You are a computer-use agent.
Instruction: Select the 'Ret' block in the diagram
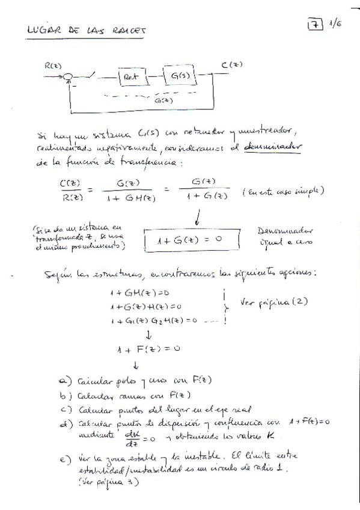pyautogui.click(x=132, y=78)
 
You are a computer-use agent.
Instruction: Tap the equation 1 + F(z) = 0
pyautogui.click(x=149, y=348)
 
